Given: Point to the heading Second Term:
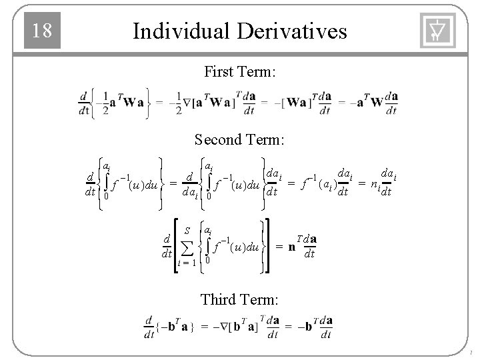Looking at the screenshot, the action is pyautogui.click(x=239, y=140).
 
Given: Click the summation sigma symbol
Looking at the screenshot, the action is pyautogui.click(x=187, y=247).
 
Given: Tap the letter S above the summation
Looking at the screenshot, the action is pyautogui.click(x=187, y=231).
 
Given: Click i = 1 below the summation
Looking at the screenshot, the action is pyautogui.click(x=187, y=263).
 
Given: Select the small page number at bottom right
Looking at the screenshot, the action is pyautogui.click(x=471, y=353).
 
